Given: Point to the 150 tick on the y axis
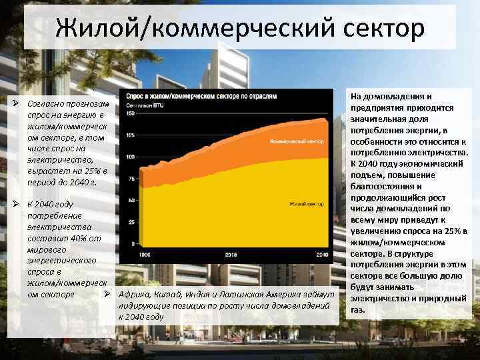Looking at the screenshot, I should tap(130, 114).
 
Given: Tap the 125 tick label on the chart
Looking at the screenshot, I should tap(130, 135).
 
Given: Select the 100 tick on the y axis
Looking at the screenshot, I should tap(130, 157).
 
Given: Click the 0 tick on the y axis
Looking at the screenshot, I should tap(133, 243).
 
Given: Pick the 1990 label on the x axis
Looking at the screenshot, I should tap(143, 255).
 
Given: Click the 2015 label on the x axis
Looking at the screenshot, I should tap(231, 255).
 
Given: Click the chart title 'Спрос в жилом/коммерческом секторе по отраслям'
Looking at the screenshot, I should tap(199, 97).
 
